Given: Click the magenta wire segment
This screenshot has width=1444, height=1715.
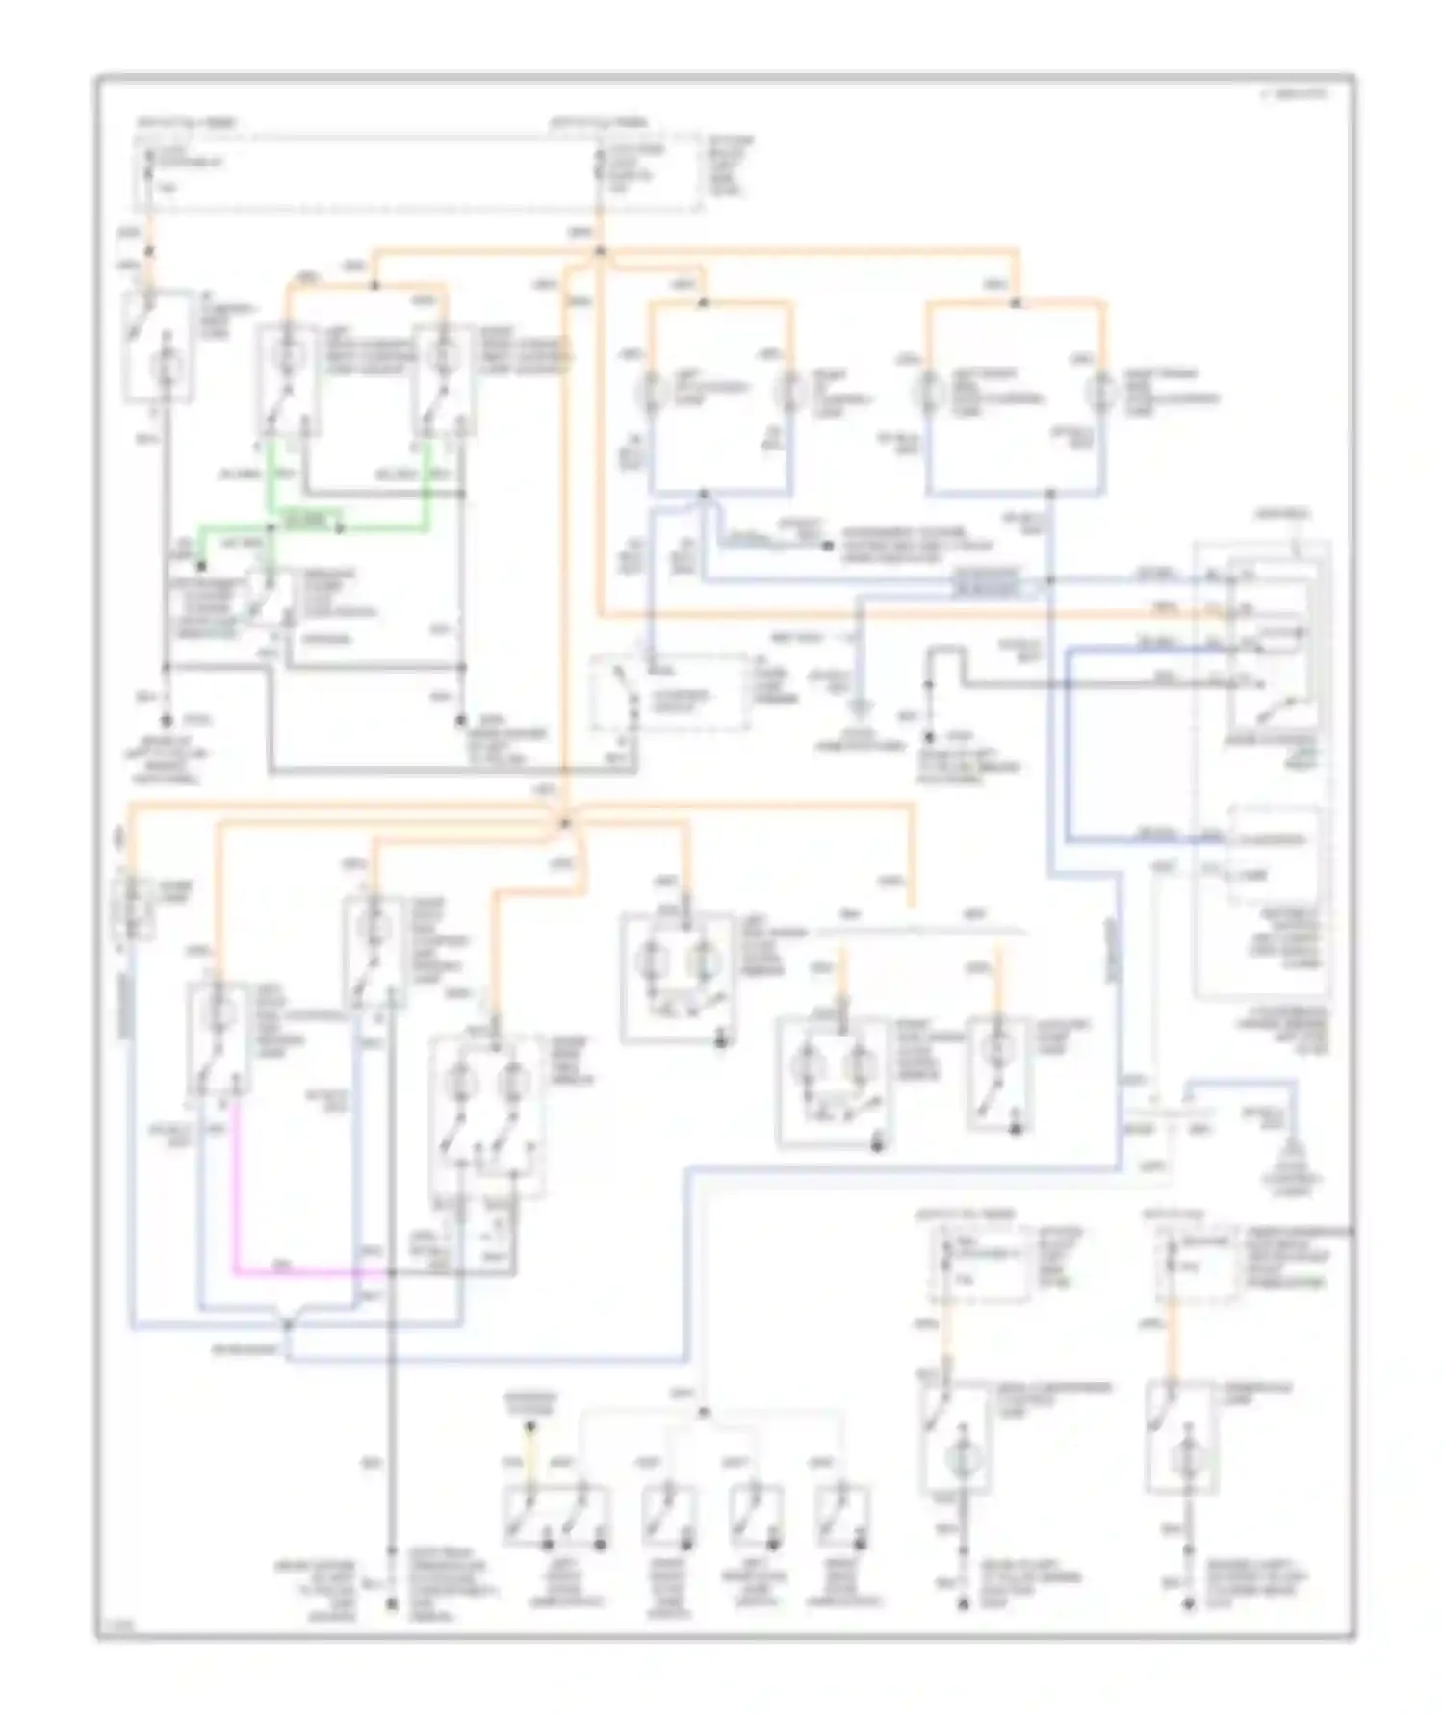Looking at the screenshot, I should (x=235, y=1193).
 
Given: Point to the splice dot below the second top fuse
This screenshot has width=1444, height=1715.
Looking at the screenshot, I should (x=600, y=251).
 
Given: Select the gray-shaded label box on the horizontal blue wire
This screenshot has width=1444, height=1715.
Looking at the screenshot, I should (x=987, y=580).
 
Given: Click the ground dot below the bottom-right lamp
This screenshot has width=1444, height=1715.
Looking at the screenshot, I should (x=1191, y=1604).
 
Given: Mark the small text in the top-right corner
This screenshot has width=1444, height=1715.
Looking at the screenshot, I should (x=1294, y=95).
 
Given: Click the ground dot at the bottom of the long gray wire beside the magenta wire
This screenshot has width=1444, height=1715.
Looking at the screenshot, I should (x=392, y=1604).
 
